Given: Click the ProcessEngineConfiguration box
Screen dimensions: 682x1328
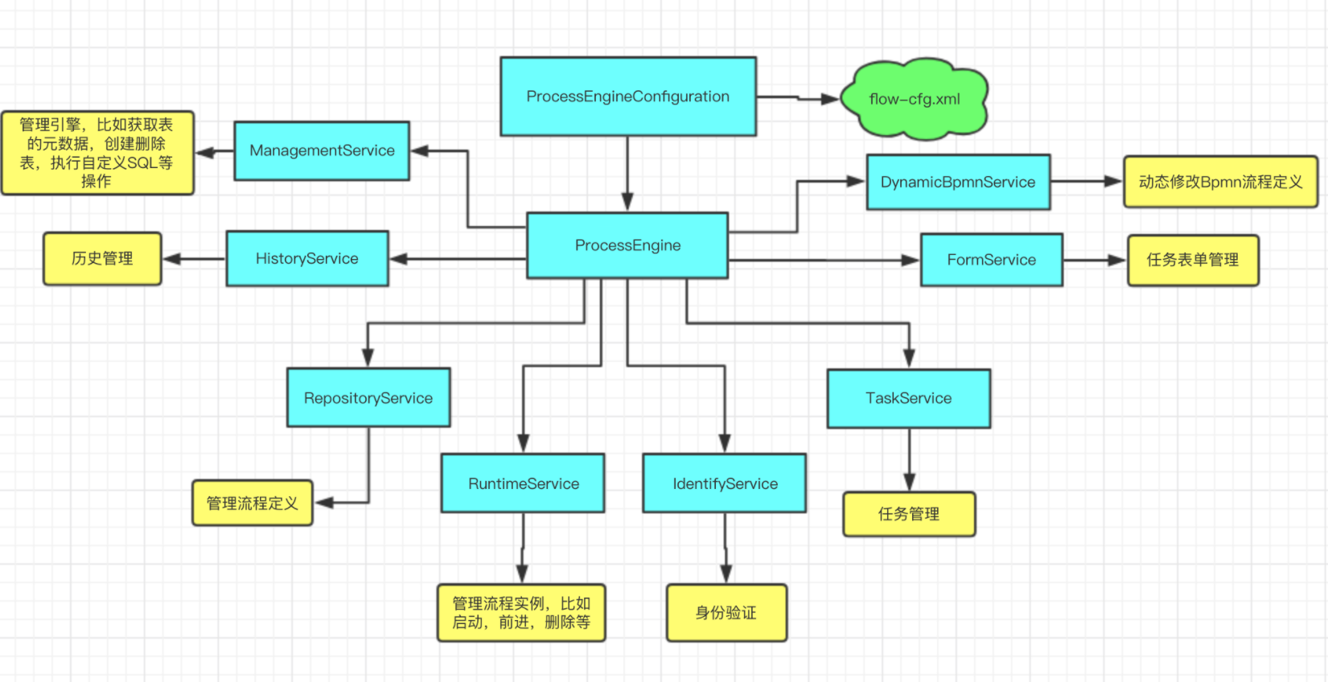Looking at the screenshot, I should click(x=627, y=97).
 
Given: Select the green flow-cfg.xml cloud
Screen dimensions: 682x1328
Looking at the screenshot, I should click(x=915, y=99).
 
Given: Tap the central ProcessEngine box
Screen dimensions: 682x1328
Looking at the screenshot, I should click(x=627, y=245).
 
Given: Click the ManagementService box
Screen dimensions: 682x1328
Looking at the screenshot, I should click(x=322, y=150).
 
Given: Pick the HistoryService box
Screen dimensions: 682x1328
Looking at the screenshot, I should click(x=307, y=258).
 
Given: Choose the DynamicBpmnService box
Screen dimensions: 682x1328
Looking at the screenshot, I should click(x=958, y=182).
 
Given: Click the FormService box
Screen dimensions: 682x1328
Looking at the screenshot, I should click(x=991, y=260).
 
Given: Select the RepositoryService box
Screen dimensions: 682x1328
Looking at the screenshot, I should click(x=368, y=397).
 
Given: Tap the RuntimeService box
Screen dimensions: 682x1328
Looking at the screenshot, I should click(x=523, y=483).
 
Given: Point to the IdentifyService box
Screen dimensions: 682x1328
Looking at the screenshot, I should click(x=724, y=483).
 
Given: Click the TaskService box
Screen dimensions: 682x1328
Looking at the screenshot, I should click(x=908, y=398).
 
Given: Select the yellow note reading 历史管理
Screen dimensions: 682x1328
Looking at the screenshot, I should click(x=102, y=258).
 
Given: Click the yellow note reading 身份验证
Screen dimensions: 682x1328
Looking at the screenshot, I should click(x=726, y=613).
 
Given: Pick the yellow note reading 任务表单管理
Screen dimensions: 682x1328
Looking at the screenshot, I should click(x=1193, y=260).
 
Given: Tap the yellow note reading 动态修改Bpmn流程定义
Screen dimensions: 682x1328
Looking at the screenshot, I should click(x=1220, y=182).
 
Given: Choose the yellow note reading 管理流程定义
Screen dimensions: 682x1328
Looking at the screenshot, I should click(x=252, y=503).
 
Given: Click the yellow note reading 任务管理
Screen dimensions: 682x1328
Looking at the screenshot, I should click(x=909, y=514).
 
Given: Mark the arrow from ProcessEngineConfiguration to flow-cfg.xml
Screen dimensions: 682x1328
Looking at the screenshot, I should click(x=798, y=98).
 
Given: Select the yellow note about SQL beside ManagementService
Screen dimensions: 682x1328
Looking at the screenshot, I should click(x=97, y=153).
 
